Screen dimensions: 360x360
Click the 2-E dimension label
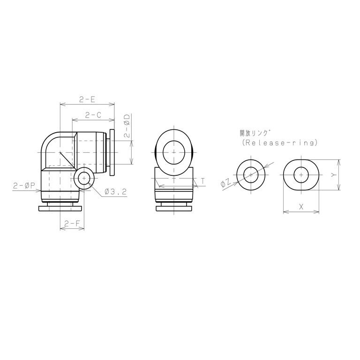[x=87, y=99]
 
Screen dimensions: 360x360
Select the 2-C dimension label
[x=93, y=115]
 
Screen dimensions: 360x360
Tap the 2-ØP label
[x=23, y=185]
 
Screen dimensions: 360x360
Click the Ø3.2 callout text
[x=115, y=191]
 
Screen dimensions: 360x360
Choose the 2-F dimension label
[x=72, y=223]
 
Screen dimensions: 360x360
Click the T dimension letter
[x=202, y=181]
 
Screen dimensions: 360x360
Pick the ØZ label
[x=225, y=183]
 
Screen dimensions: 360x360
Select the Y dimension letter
[x=334, y=175]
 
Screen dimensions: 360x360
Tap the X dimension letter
[x=301, y=207]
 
